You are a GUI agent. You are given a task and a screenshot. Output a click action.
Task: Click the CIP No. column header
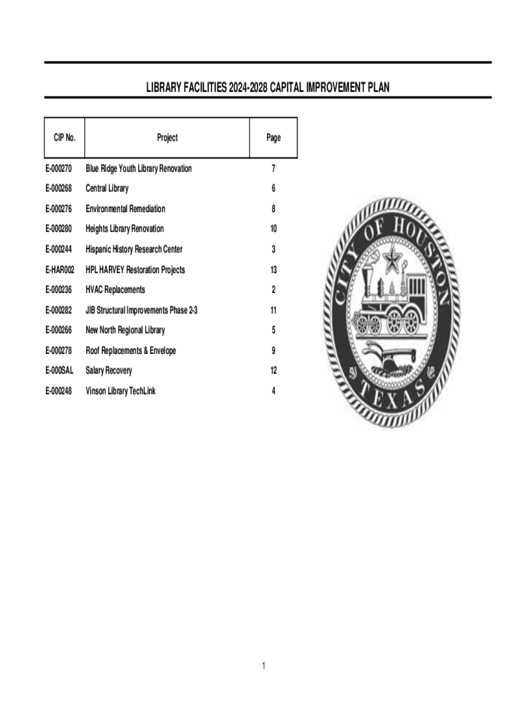pos(64,138)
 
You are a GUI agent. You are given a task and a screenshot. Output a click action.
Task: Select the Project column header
pos(167,138)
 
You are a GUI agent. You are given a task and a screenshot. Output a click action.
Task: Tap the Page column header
pos(273,138)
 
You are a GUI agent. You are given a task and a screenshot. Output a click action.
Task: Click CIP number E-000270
pos(59,168)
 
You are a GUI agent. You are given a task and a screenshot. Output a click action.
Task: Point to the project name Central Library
pos(107,188)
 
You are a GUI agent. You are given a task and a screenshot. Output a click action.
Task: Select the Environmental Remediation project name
pos(125,209)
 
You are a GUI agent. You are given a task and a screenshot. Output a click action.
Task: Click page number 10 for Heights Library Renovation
pos(273,229)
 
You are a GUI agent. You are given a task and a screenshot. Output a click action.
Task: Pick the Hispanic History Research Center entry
pos(133,249)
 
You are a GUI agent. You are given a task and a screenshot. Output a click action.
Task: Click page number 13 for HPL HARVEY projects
pos(273,270)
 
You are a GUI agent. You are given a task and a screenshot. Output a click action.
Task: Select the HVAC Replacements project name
pos(115,290)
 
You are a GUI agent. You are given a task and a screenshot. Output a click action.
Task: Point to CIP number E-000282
pos(59,310)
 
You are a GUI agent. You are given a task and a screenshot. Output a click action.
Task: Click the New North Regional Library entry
pos(125,330)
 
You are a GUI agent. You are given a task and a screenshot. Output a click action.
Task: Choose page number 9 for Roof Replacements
pos(273,350)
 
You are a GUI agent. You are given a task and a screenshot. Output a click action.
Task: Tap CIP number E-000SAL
pos(60,370)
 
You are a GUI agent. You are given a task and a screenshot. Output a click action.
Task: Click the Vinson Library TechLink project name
pos(120,391)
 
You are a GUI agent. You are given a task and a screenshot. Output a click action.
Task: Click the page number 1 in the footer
pos(263,666)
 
